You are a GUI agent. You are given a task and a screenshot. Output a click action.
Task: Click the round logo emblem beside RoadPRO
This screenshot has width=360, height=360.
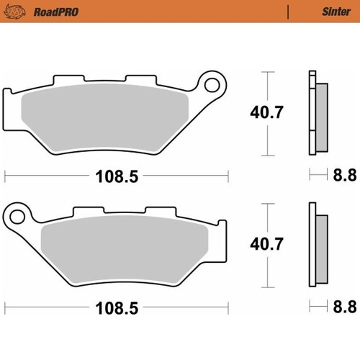click(16, 12)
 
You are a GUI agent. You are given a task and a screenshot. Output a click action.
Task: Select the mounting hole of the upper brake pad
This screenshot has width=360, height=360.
click(214, 86)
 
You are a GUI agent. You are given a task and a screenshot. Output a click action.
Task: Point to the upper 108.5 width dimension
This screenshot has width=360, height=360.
click(115, 174)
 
